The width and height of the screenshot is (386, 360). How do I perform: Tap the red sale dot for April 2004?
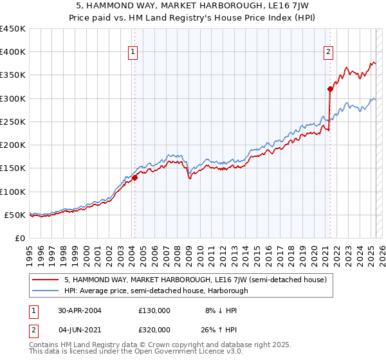(x=135, y=177)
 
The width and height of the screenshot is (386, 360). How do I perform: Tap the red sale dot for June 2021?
(x=330, y=89)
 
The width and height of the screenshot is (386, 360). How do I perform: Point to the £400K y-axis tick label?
(x=13, y=52)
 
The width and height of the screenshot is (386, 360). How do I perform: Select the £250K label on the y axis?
(x=13, y=122)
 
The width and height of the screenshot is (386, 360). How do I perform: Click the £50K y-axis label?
(x=15, y=215)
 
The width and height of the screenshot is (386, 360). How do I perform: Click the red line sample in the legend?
(x=46, y=280)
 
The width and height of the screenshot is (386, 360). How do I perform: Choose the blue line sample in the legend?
(x=46, y=291)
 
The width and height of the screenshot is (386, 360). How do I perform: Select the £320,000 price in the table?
(x=154, y=329)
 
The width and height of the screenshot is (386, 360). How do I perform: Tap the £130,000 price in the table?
(x=154, y=310)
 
